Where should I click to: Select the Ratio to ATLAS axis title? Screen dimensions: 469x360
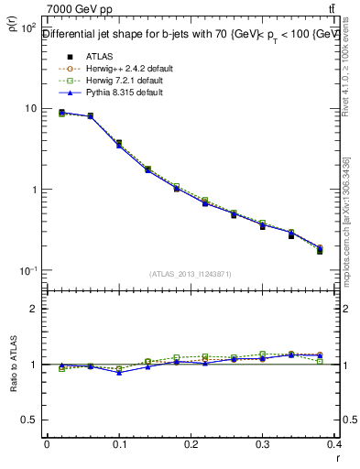(12, 364)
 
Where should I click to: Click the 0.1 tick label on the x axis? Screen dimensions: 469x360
(119, 444)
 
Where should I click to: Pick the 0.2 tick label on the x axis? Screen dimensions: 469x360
(191, 444)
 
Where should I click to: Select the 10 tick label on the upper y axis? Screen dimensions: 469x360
(28, 108)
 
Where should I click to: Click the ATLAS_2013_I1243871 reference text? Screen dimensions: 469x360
(191, 274)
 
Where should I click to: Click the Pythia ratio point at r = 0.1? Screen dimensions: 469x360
(119, 372)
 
